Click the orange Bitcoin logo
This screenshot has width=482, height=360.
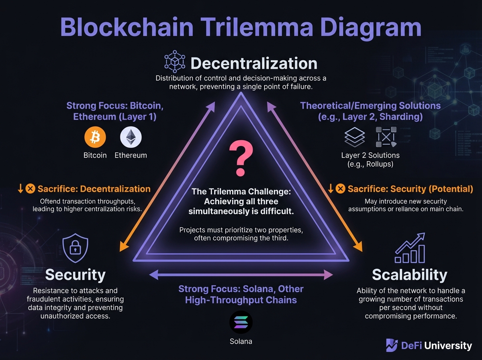click(x=95, y=138)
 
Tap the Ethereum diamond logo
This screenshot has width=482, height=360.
click(x=131, y=138)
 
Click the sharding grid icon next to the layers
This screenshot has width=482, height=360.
click(x=386, y=137)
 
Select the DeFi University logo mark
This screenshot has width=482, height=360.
click(x=391, y=345)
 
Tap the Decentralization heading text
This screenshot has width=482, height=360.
click(x=254, y=63)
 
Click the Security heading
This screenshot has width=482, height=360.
click(x=75, y=275)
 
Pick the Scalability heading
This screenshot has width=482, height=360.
click(x=409, y=275)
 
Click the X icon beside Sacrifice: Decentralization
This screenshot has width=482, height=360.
click(x=30, y=188)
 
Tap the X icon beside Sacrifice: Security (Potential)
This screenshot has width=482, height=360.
click(x=340, y=188)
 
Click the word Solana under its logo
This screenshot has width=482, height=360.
click(x=241, y=342)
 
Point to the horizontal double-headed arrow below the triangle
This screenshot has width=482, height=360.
click(x=241, y=275)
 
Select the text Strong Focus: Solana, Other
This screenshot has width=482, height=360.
click(x=241, y=289)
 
